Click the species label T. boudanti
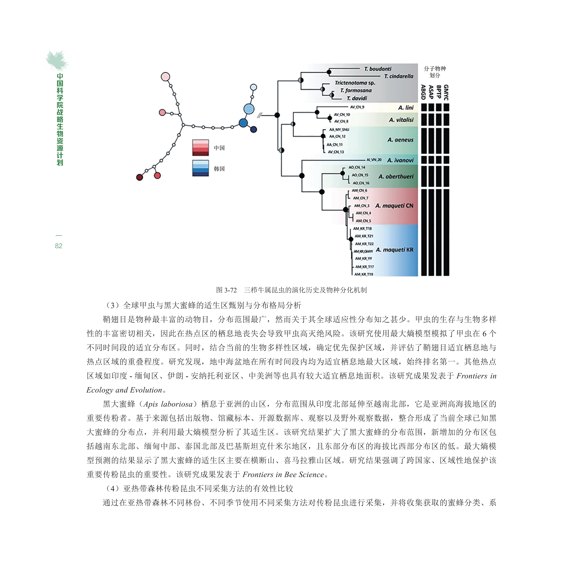point(378,69)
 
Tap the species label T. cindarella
point(398,76)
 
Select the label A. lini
point(406,108)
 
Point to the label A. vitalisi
point(401,120)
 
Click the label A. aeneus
point(400,140)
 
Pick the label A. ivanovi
point(400,160)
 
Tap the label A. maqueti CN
point(394,206)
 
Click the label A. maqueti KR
point(394,250)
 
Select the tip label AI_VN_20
point(374,160)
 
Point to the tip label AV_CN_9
point(357,107)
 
